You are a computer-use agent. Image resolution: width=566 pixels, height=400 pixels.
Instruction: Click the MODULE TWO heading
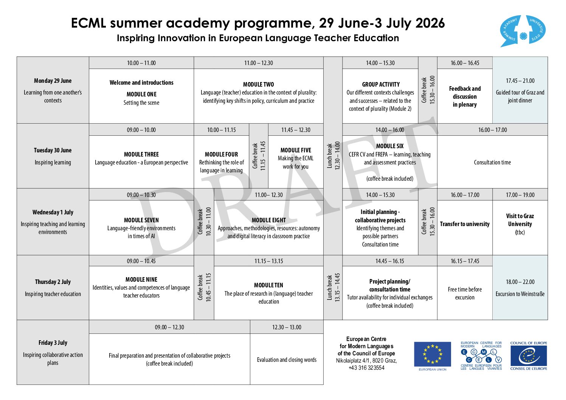(x=258, y=84)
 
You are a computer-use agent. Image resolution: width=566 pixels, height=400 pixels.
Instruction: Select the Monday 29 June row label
(x=53, y=81)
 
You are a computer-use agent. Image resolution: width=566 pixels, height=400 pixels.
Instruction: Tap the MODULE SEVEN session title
(x=141, y=220)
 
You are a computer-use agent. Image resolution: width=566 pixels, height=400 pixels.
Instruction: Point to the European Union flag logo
(x=432, y=354)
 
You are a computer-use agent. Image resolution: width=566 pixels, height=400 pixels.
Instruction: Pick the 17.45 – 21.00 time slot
(x=520, y=81)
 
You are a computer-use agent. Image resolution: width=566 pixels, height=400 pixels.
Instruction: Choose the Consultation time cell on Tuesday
(x=492, y=163)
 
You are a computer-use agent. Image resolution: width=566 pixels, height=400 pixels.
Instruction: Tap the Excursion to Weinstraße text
(x=520, y=294)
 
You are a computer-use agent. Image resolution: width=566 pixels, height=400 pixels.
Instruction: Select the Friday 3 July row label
(x=53, y=343)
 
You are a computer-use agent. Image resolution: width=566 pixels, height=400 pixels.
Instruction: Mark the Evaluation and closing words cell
(x=287, y=360)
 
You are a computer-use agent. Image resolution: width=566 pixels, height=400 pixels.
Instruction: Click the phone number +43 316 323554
(x=366, y=368)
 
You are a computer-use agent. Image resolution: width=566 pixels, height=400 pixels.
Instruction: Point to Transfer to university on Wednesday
(x=465, y=224)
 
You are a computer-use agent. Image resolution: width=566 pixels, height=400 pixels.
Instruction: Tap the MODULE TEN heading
(x=268, y=285)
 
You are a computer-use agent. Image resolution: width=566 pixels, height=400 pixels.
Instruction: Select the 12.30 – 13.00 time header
(x=287, y=327)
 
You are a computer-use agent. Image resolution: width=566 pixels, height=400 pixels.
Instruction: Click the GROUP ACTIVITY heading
(x=380, y=84)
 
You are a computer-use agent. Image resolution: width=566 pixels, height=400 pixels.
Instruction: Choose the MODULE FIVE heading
(x=296, y=150)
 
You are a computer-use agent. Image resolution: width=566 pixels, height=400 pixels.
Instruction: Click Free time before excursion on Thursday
(x=465, y=293)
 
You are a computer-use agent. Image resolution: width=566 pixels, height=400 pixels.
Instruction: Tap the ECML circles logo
(x=481, y=356)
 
